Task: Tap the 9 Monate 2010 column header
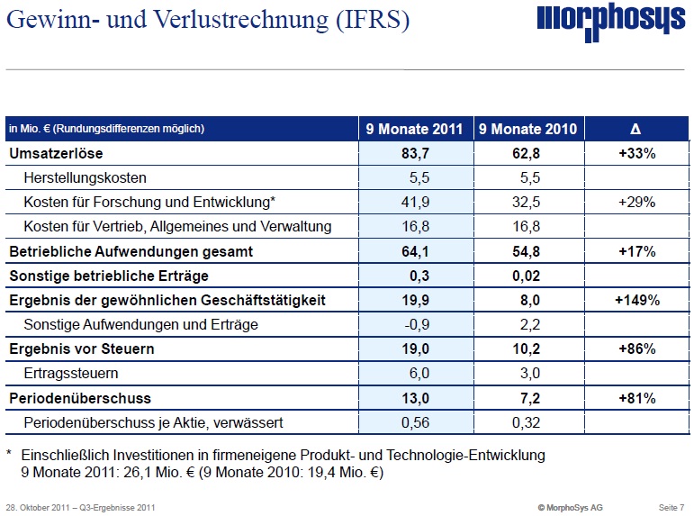point(527,129)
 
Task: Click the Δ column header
point(635,129)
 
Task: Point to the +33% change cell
point(635,154)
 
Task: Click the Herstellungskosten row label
point(86,178)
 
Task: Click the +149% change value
point(635,300)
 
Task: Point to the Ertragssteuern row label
point(71,373)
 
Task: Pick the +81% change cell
point(635,397)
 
